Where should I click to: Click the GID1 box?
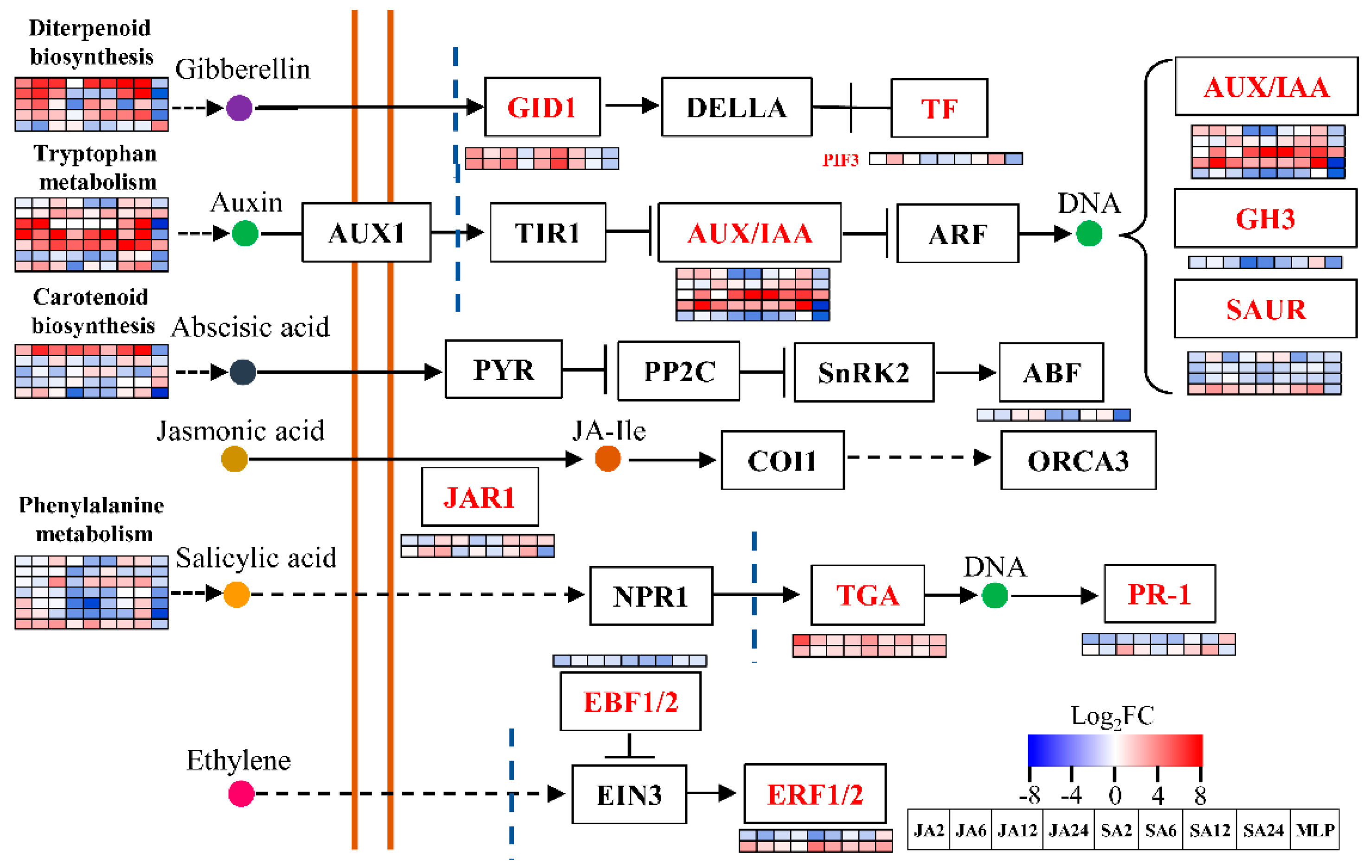542,107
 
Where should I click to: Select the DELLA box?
736,107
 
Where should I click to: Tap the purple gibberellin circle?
239,108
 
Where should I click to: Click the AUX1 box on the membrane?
366,232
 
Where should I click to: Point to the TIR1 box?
548,232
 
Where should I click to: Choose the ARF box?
958,233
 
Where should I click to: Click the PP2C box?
679,371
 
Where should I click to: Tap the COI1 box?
782,460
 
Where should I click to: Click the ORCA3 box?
1078,460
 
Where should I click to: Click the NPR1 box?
651,596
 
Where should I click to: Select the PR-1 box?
1160,594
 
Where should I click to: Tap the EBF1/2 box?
630,701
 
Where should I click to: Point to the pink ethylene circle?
241,793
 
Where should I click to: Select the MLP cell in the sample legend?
1315,830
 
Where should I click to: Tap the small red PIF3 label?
840,160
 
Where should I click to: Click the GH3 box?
1265,218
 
